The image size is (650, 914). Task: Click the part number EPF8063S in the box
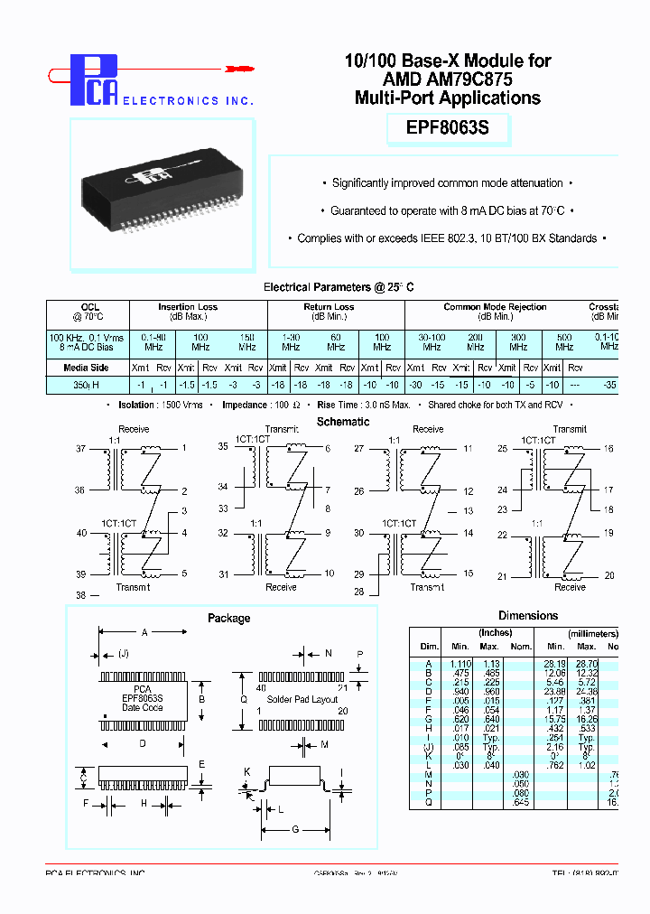(x=448, y=128)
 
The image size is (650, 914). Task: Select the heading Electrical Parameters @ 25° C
(x=339, y=287)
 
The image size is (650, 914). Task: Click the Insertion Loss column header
(x=188, y=307)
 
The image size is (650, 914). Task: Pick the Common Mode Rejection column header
(x=495, y=307)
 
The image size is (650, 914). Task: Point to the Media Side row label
(x=87, y=368)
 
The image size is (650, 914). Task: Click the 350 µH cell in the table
(x=87, y=385)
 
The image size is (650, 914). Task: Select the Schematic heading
(x=343, y=422)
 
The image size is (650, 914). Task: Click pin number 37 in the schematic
(x=80, y=448)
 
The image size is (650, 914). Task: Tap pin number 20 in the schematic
(x=608, y=575)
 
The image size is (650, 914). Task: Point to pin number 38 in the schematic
(x=80, y=595)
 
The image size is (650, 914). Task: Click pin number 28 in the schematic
(x=358, y=592)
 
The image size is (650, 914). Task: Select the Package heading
(x=229, y=618)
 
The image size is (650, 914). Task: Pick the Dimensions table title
(x=528, y=616)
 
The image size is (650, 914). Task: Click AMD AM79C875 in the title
(x=448, y=79)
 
